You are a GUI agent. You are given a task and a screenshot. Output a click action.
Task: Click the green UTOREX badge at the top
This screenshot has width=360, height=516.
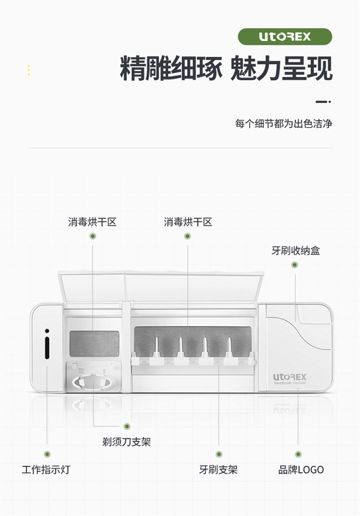click(284, 36)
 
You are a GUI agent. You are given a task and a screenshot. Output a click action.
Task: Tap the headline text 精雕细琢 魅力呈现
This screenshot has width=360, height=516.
click(226, 69)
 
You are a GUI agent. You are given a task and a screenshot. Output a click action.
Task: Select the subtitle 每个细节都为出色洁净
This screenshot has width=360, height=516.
click(283, 123)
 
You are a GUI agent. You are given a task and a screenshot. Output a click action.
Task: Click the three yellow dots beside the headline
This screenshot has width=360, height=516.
click(28, 70)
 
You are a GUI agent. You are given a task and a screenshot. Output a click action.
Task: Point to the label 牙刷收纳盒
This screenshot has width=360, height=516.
click(295, 250)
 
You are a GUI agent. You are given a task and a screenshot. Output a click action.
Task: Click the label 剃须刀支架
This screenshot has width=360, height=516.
click(126, 442)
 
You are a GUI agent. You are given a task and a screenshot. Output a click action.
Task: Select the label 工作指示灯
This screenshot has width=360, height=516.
click(45, 470)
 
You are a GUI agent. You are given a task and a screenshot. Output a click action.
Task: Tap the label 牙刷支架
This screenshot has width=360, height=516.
click(218, 470)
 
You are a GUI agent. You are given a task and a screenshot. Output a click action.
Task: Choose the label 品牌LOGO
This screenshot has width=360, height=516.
click(301, 470)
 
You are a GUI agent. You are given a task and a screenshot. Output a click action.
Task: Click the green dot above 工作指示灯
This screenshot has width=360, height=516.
click(47, 454)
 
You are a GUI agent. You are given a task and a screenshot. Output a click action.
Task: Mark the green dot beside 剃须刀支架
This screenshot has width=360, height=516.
click(127, 426)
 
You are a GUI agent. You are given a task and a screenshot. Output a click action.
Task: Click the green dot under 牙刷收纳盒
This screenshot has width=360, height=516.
click(294, 264)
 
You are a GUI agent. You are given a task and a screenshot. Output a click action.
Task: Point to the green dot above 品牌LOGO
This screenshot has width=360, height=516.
click(298, 454)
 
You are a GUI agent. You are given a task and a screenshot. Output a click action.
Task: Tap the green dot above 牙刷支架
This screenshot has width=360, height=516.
click(219, 454)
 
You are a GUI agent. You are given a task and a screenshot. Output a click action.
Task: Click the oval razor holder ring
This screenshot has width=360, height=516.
click(93, 383)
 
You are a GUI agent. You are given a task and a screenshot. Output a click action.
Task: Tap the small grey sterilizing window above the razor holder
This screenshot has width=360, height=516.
click(94, 343)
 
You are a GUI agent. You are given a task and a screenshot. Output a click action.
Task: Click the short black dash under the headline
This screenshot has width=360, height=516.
click(321, 101)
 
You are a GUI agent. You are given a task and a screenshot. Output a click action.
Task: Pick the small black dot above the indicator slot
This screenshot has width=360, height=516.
click(47, 330)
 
